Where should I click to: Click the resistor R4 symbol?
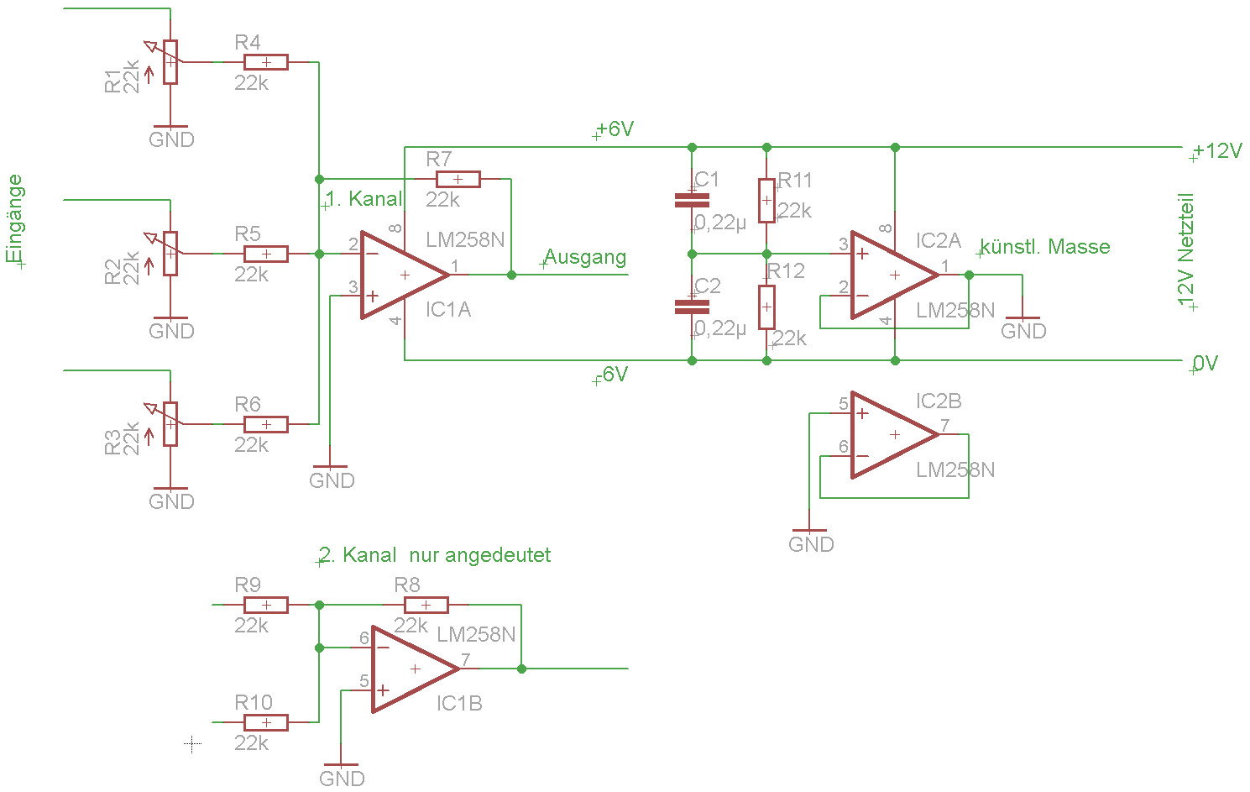click(x=265, y=62)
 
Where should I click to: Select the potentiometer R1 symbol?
click(x=170, y=62)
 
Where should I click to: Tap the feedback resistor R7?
click(x=458, y=179)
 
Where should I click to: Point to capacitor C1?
click(x=692, y=200)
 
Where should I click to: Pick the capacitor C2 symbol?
click(x=692, y=307)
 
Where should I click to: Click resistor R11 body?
click(x=766, y=201)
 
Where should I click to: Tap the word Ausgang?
click(x=585, y=257)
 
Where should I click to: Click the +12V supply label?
click(x=1217, y=151)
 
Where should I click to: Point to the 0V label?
click(x=1206, y=364)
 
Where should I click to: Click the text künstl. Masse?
click(x=1045, y=247)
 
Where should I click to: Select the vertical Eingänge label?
click(x=15, y=219)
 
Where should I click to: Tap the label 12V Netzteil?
click(x=1185, y=249)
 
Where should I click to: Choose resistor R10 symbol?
click(x=265, y=722)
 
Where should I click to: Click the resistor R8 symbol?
click(x=426, y=606)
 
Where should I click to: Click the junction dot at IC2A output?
click(x=969, y=275)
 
